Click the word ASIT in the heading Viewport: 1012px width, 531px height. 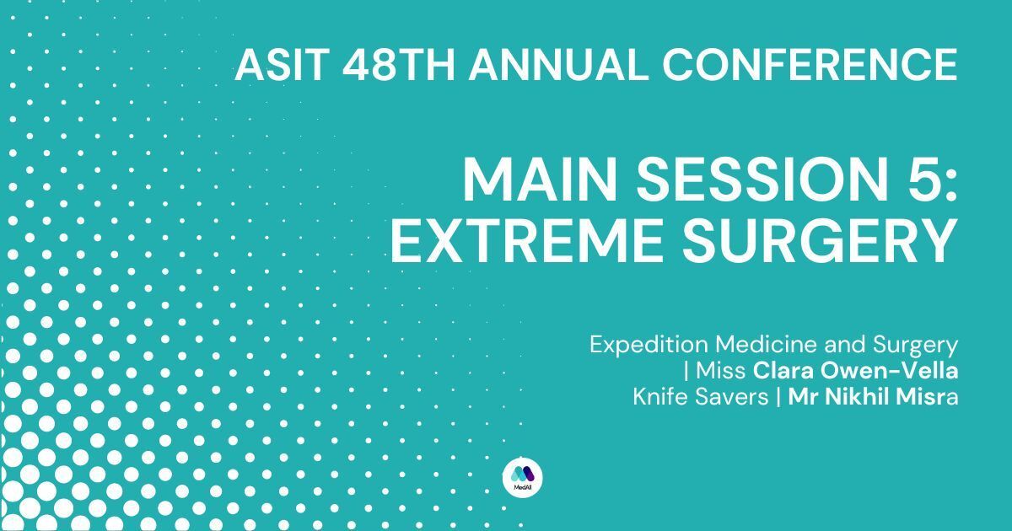point(282,65)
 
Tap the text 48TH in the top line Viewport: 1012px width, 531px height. point(398,65)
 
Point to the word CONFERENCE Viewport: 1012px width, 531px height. point(810,65)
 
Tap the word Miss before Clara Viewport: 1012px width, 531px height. point(720,371)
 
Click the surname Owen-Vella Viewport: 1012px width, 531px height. point(889,371)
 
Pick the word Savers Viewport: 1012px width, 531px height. point(731,397)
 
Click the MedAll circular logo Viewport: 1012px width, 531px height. point(522,477)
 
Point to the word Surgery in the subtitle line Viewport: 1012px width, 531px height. point(915,346)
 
